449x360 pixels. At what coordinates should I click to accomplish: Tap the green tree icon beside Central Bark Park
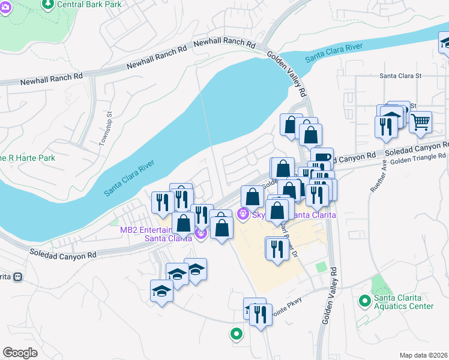click(x=48, y=4)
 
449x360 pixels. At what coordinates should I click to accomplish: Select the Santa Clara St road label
click(x=401, y=76)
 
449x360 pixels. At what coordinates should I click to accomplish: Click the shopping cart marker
click(x=420, y=122)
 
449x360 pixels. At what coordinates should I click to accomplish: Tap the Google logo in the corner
click(x=20, y=352)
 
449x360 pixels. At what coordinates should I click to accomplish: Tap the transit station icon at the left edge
click(x=18, y=277)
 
